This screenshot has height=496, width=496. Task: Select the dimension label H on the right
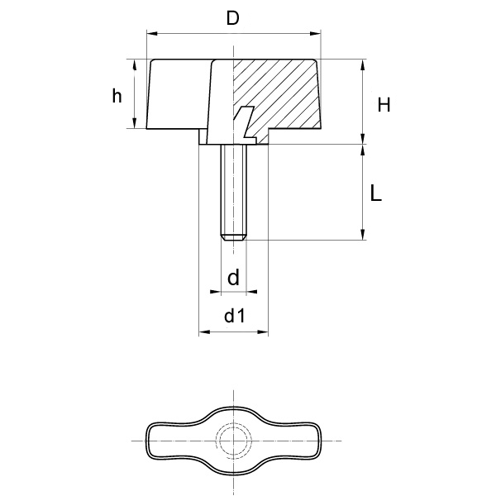tap(384, 104)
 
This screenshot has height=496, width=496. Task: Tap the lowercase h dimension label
tap(118, 96)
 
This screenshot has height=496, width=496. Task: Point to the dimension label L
tap(375, 193)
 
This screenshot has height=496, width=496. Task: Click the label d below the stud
tap(233, 279)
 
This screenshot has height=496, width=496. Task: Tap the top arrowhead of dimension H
tap(362, 64)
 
